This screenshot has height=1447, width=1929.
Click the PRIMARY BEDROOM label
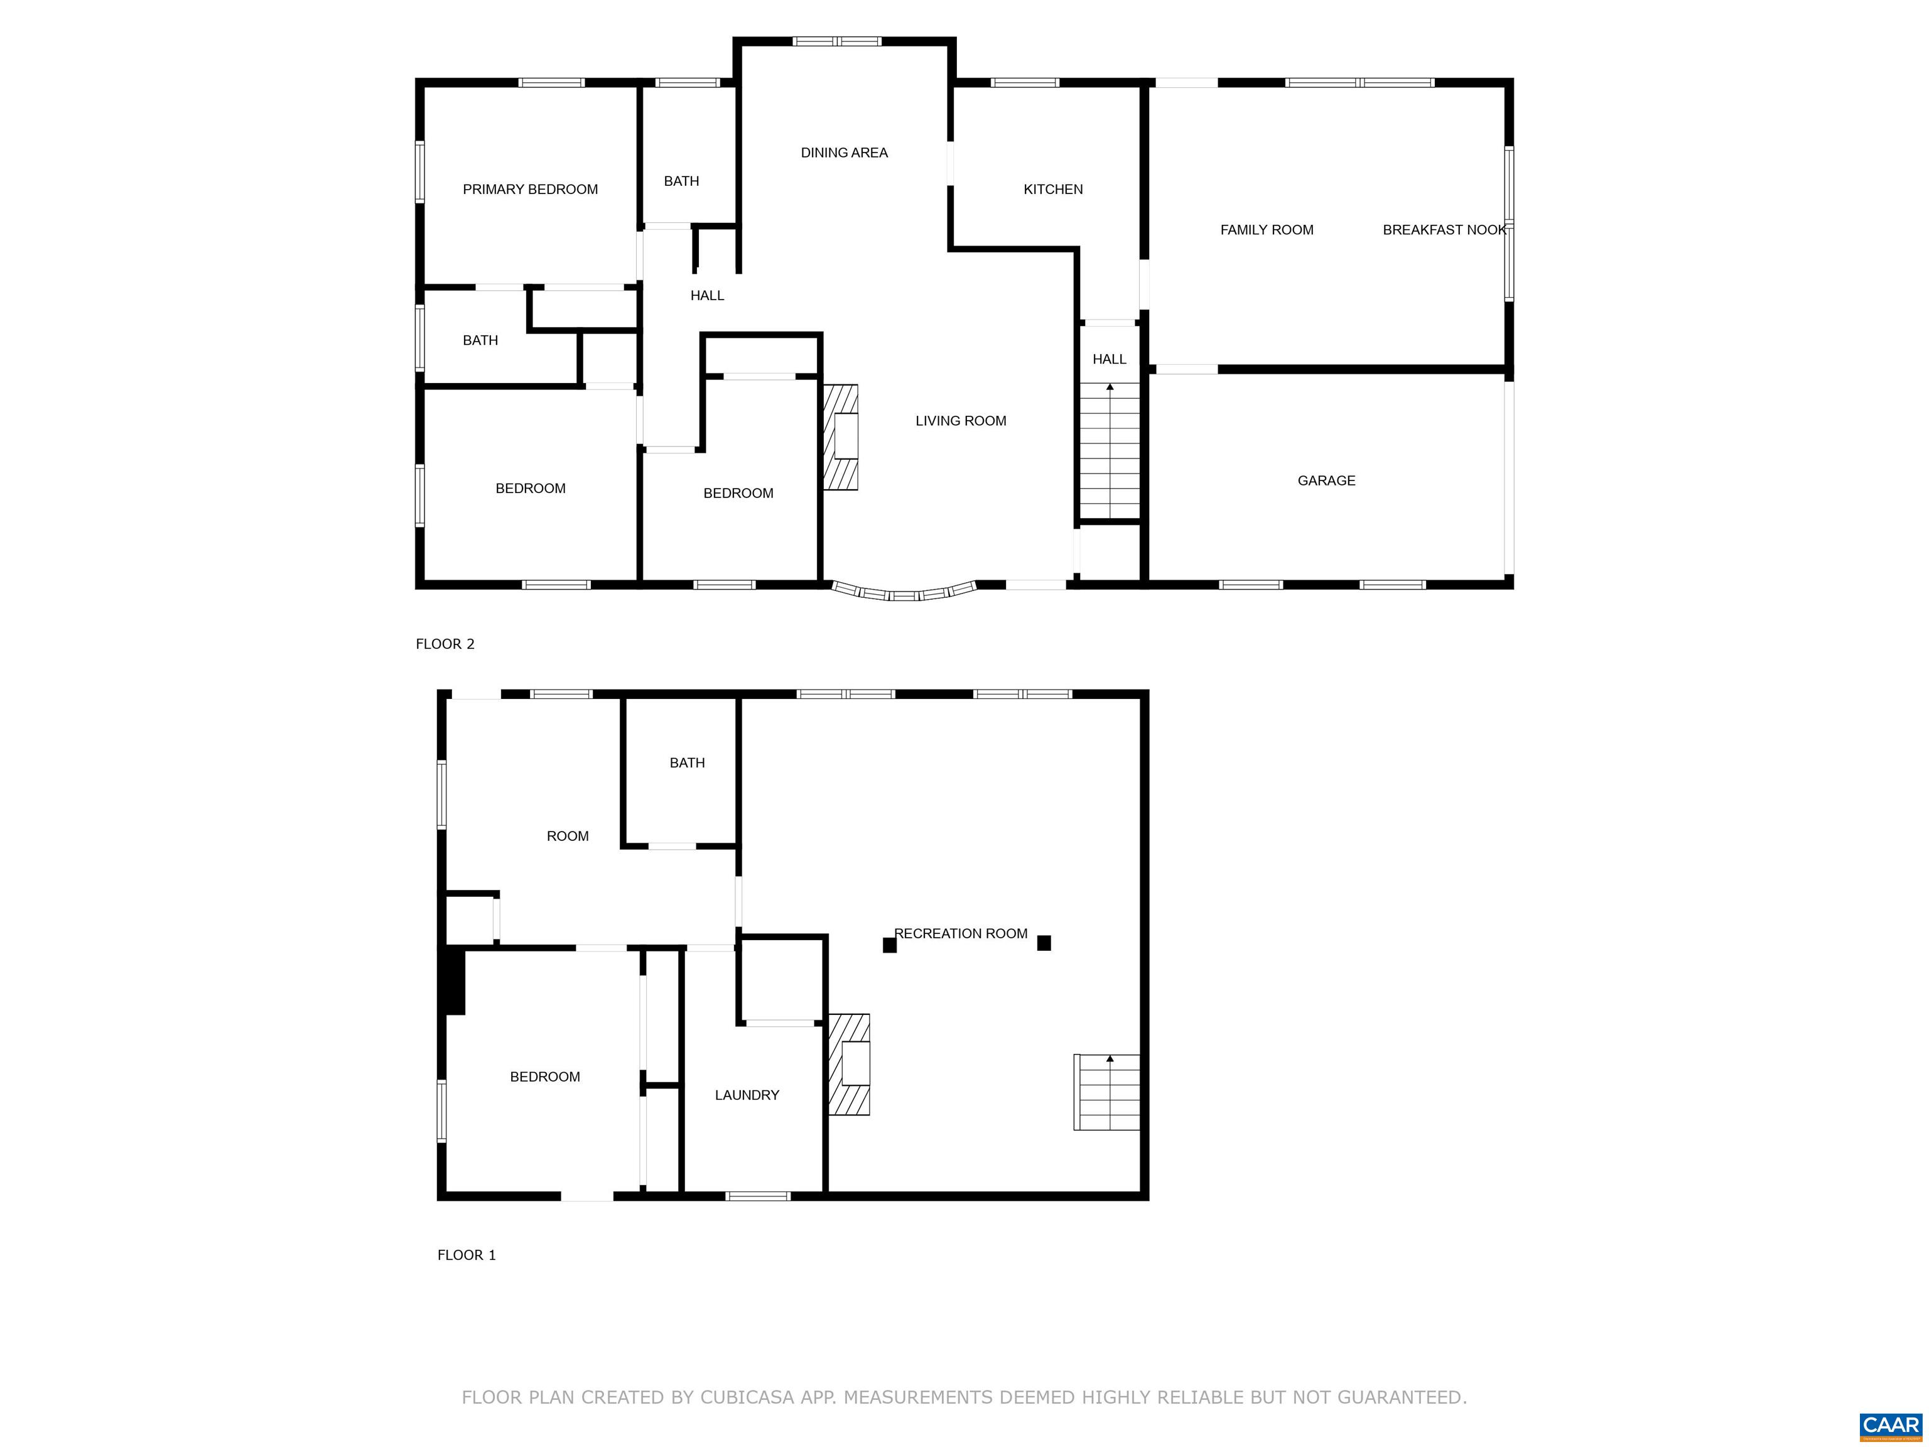(530, 189)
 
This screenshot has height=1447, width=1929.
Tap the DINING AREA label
(844, 153)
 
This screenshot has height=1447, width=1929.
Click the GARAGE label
(1326, 480)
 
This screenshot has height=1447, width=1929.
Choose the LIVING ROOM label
(960, 420)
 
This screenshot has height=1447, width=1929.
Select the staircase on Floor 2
(1110, 451)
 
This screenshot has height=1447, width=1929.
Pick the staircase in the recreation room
(1106, 1092)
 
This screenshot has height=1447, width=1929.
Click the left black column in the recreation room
(890, 945)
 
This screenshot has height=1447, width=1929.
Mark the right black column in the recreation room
(1044, 943)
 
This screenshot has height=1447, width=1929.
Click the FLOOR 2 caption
(445, 644)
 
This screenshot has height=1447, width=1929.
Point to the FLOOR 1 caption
(467, 1255)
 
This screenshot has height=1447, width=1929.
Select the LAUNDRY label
(747, 1095)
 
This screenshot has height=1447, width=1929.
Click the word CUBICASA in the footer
(747, 1398)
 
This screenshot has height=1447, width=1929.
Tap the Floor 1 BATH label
(687, 763)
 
